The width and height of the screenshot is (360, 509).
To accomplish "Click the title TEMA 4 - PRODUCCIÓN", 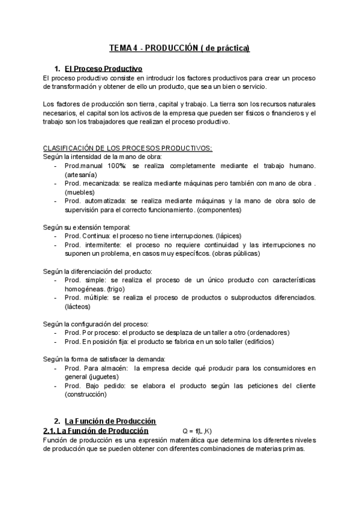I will [x=179, y=47].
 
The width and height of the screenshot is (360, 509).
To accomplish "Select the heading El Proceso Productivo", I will [x=103, y=68].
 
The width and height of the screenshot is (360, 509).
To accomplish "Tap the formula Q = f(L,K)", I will [x=197, y=432].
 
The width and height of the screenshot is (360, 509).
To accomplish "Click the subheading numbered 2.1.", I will [x=95, y=432].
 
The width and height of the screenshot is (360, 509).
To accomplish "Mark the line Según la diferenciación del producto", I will [x=98, y=271].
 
